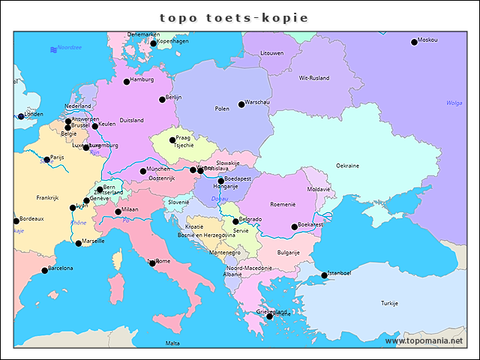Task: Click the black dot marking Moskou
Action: (x=414, y=42)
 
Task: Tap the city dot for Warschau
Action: (x=241, y=104)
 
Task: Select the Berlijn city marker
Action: (x=162, y=100)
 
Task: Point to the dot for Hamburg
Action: (x=127, y=82)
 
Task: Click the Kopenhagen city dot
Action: (x=154, y=43)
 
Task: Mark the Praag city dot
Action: (x=172, y=140)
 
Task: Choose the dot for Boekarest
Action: (x=295, y=227)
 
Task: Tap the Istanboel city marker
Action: (x=325, y=275)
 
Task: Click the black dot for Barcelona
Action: (x=44, y=271)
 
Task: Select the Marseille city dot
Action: (x=79, y=243)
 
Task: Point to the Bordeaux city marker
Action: (x=16, y=221)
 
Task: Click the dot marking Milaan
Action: (x=118, y=211)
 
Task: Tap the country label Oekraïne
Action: (x=347, y=165)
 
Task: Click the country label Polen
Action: (x=222, y=109)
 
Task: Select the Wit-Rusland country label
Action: (x=313, y=78)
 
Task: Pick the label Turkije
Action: (x=389, y=303)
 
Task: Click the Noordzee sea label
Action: (x=69, y=47)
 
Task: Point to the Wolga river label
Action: (x=454, y=103)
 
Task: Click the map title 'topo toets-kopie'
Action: (x=234, y=17)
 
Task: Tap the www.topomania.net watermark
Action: (x=424, y=340)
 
